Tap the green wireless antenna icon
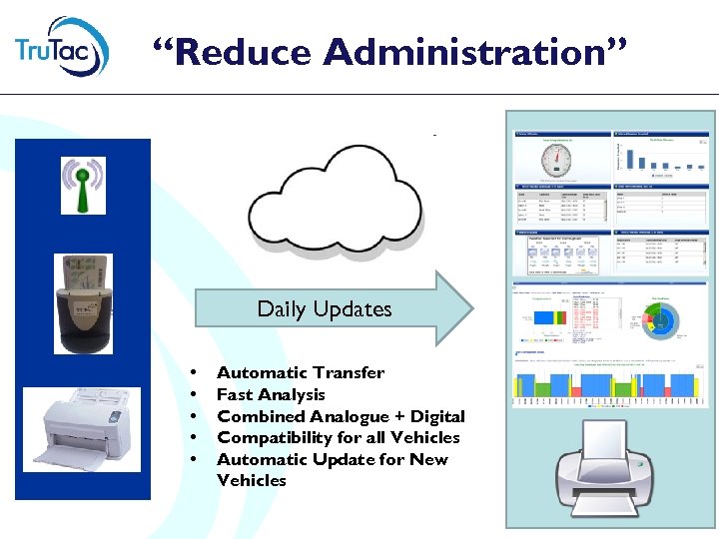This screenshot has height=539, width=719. point(83,185)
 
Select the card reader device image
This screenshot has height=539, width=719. point(83,304)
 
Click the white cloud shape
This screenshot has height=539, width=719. point(335,195)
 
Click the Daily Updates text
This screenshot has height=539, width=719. point(325,309)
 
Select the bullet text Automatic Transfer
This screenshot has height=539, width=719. point(301,372)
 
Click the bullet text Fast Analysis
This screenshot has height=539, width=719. point(271,394)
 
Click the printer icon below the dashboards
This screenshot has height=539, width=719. point(610,469)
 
